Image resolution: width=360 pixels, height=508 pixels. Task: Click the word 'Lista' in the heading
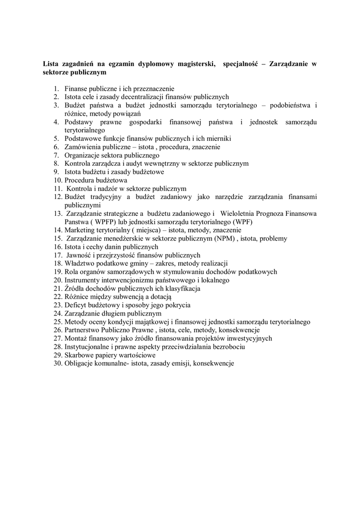pos(51,64)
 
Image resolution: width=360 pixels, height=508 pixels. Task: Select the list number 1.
pos(56,88)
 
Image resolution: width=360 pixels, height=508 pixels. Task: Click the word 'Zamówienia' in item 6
pos(82,147)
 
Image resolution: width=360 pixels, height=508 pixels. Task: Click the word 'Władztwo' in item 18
pos(79,263)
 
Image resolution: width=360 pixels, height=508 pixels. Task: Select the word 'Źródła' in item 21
pos(74,288)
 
